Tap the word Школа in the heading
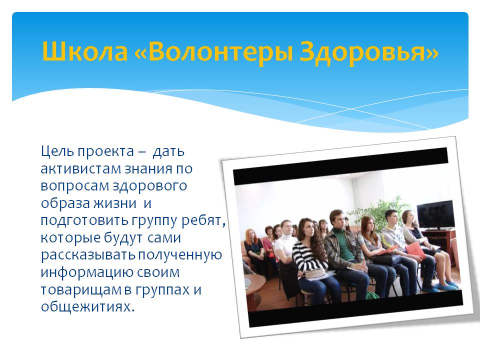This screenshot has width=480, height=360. point(85,50)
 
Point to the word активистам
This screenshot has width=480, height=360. point(80,168)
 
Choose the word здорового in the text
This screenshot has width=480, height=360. point(149,186)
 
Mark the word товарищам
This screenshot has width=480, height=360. point(81,290)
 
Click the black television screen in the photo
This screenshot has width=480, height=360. point(435,214)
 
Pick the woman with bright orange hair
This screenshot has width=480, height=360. point(253,245)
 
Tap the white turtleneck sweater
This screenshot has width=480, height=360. point(284,245)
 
